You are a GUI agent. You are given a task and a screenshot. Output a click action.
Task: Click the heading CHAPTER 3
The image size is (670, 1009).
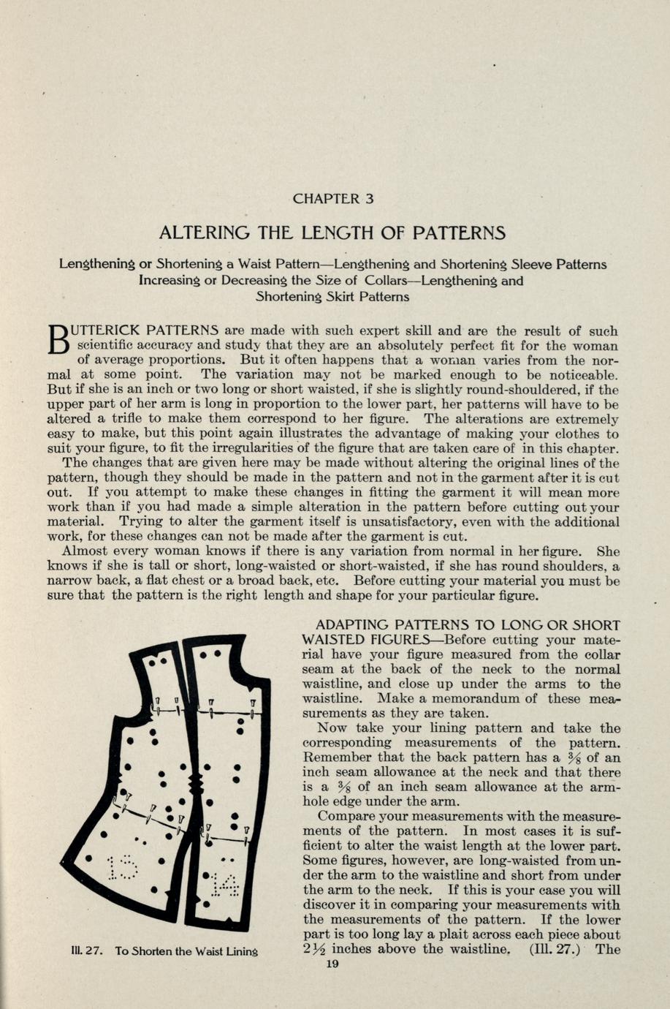(x=333, y=198)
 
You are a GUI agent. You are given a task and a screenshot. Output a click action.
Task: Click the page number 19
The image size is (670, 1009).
(x=332, y=964)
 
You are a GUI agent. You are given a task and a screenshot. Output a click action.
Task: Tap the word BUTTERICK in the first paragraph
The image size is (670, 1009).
(x=108, y=330)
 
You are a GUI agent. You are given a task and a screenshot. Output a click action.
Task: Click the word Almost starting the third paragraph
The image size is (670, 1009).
(x=85, y=551)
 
